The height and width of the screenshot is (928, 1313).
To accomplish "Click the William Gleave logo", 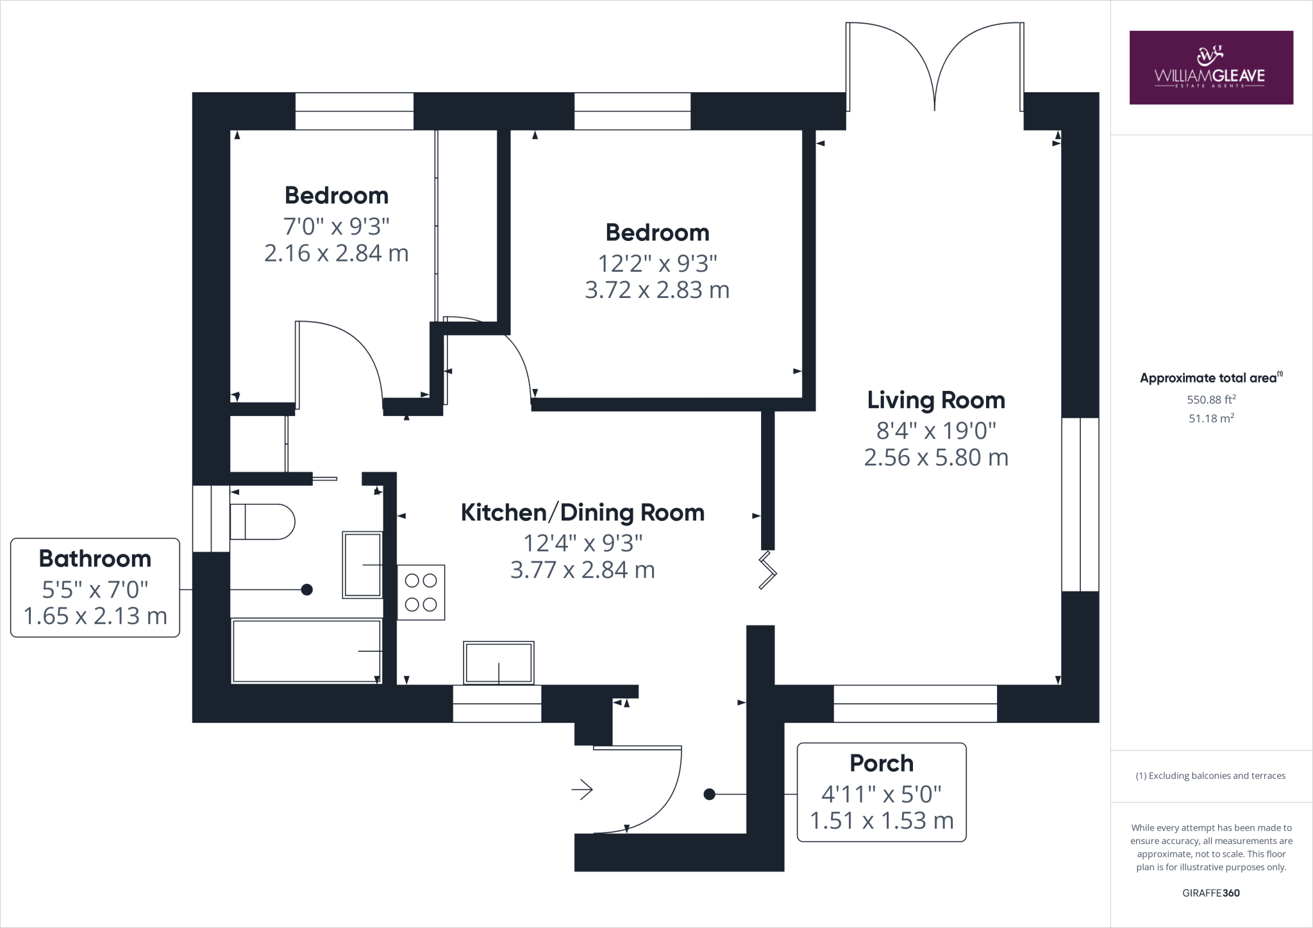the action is (x=1211, y=67).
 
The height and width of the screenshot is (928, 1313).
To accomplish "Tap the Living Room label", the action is (x=936, y=400).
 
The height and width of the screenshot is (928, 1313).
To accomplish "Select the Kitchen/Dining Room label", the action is (x=583, y=513).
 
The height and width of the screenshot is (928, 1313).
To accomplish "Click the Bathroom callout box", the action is (x=95, y=587).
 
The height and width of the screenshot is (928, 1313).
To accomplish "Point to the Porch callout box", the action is (x=882, y=792).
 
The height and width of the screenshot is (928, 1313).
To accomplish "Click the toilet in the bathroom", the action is (x=262, y=522).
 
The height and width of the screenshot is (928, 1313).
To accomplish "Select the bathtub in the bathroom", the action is (x=306, y=650).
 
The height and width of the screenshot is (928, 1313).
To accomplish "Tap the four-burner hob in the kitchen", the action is (x=421, y=592).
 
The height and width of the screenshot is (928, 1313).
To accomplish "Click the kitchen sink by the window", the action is (x=499, y=663).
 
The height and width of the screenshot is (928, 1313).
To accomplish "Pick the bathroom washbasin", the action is (x=363, y=565).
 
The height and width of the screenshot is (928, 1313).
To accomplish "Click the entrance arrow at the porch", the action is (x=582, y=790).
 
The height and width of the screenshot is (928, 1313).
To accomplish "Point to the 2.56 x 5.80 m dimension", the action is (x=936, y=458).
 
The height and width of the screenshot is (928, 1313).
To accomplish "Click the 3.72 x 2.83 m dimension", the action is (x=657, y=290).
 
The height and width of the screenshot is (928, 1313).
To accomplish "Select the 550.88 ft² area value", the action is (x=1211, y=399).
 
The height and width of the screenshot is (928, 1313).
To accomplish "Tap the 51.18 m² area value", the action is (x=1211, y=418).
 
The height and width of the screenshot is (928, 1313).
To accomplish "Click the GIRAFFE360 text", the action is (x=1211, y=893).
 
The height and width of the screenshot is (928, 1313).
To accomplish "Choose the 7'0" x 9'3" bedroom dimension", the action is (x=337, y=226).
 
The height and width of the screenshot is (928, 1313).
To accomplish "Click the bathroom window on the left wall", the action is (x=211, y=518).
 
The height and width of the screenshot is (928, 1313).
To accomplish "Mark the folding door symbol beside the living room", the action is (x=767, y=570).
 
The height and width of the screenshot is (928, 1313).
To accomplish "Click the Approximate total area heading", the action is (x=1211, y=377).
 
